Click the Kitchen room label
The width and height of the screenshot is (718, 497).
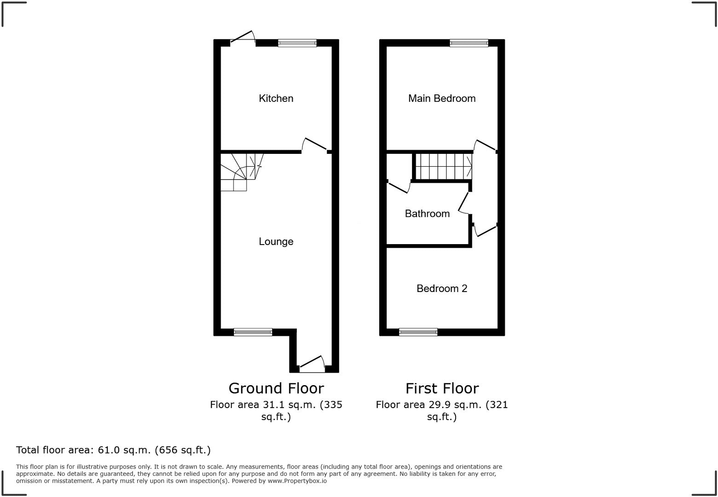276,98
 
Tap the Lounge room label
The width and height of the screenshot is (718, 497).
276,241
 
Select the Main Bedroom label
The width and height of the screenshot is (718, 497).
441,98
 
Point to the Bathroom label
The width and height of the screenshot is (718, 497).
427,213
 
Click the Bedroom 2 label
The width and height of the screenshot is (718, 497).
441,288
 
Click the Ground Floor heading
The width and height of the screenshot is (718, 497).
276,388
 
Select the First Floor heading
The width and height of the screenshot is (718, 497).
442,388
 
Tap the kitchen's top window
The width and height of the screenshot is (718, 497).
297,43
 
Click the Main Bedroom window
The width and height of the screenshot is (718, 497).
469,43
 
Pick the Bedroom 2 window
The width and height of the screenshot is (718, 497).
418,332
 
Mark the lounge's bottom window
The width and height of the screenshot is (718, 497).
253,332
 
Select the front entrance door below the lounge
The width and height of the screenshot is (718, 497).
312,364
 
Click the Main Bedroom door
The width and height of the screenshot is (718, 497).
485,146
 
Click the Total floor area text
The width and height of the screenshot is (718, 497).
113,450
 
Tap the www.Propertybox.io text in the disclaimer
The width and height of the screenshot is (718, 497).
297,481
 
